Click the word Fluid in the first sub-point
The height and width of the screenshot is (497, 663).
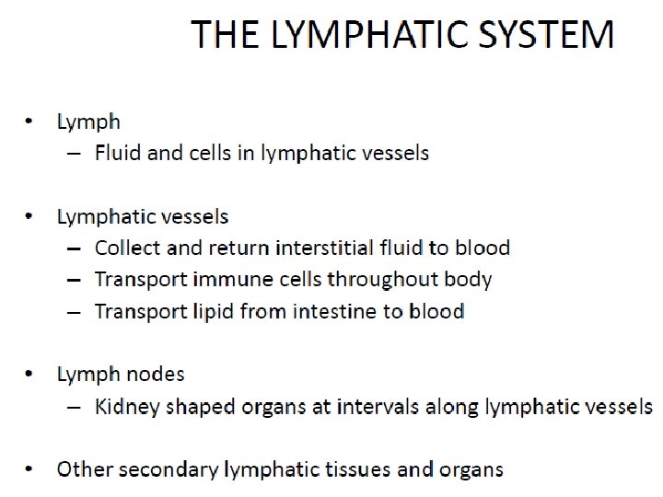[x=118, y=153]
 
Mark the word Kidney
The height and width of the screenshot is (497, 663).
[x=125, y=407]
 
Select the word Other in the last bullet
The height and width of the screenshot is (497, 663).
[x=82, y=469]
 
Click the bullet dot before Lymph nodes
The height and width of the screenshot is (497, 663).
[x=29, y=375]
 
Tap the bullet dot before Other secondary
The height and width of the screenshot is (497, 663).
[x=29, y=469]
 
